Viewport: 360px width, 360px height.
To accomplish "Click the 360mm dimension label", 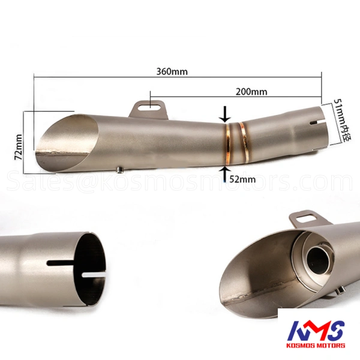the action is point(172,71).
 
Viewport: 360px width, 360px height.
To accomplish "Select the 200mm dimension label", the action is point(251,92).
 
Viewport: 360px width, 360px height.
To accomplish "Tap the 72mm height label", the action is point(19,147).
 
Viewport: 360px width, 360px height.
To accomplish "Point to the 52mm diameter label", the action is point(242,179).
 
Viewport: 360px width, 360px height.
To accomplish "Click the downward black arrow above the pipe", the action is point(225,114).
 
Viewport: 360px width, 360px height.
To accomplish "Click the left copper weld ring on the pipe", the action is point(228,144).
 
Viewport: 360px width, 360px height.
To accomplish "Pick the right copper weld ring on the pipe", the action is point(244,142).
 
